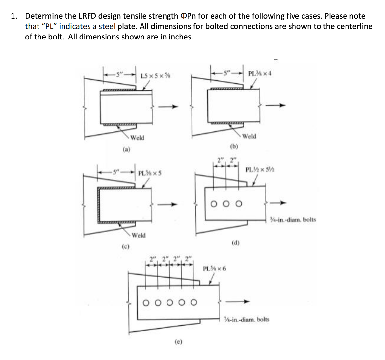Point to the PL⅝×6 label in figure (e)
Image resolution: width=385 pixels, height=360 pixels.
pos(214,268)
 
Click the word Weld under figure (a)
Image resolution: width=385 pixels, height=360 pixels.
pos(137,138)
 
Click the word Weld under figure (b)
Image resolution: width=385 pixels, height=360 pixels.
pos(249,136)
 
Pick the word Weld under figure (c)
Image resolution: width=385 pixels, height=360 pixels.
pos(139,235)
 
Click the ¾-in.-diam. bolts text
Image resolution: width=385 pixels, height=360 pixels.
pos(293,219)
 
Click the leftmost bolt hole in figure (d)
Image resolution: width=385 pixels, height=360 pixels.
pos(214,204)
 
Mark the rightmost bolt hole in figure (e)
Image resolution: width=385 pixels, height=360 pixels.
pos(194,302)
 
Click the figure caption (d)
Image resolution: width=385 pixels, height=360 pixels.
pos(236,243)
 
